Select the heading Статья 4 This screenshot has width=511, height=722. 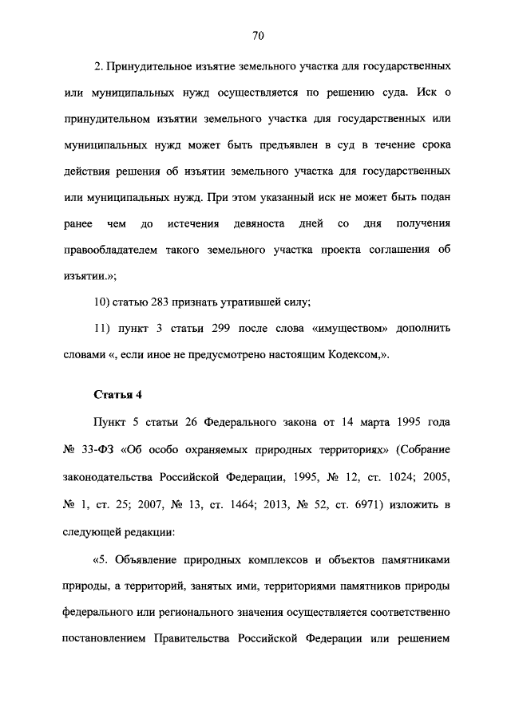click(118, 394)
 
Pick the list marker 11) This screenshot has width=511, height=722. click(105, 328)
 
